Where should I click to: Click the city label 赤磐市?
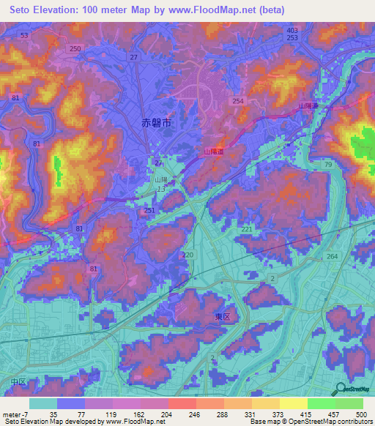coord(156,124)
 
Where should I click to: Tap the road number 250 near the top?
coord(75,48)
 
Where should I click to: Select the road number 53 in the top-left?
coord(26,35)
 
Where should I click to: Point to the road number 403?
coord(292,29)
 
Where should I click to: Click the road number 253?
coord(292,37)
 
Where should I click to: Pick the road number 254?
coord(237,101)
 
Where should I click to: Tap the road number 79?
coord(328,165)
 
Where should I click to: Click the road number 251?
coord(149,211)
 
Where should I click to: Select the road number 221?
coord(247,230)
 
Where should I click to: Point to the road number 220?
coord(188,255)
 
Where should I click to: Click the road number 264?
coord(332,256)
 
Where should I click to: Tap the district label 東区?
coord(223,317)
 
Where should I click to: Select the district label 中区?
coord(18,382)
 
